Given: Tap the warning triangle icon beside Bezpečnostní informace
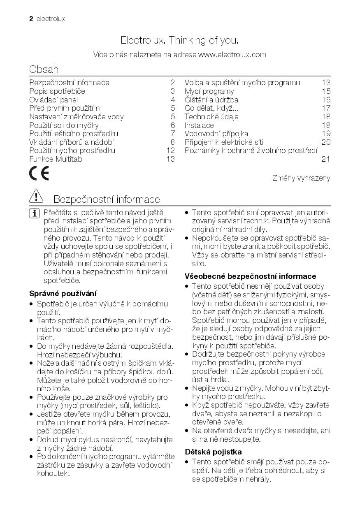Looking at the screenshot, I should coord(37,198).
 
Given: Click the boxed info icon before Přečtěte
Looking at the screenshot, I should coord(35,213).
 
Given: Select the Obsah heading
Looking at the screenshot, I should coord(44,69).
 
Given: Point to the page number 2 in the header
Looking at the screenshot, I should coord(31,19).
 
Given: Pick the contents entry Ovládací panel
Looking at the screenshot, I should coord(53,100).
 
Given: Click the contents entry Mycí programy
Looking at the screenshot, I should coord(209,91).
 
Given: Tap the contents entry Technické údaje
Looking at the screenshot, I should coord(211,117).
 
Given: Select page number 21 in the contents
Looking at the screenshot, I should coord(325,159).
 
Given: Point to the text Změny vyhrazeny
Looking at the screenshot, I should coord(301,178).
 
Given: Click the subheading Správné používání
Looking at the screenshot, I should coord(63,294).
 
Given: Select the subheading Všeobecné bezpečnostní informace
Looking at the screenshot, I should coord(250,276).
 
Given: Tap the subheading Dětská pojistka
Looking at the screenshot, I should coord(213,452).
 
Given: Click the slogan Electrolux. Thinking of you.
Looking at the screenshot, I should coord(179,40).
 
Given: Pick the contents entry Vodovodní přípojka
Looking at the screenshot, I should coord(216,134).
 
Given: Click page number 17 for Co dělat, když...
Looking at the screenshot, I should coord(326,108).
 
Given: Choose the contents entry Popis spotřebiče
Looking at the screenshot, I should coord(57,91).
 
